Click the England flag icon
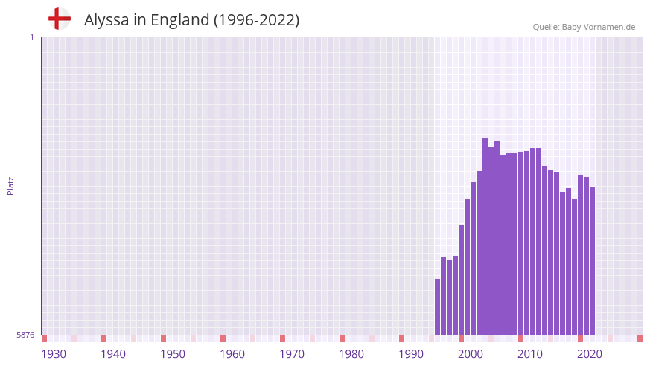[60, 19]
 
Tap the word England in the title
[179, 20]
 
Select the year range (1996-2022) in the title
[256, 20]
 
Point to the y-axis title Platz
[10, 185]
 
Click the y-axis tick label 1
[31, 37]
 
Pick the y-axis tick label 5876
[25, 335]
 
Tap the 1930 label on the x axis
[54, 354]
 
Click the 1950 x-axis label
[173, 354]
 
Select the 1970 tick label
[292, 354]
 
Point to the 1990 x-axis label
[411, 354]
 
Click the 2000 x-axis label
[471, 354]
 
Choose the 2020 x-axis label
[590, 354]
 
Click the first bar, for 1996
[438, 306]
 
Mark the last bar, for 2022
[593, 261]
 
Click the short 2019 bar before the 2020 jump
[575, 267]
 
